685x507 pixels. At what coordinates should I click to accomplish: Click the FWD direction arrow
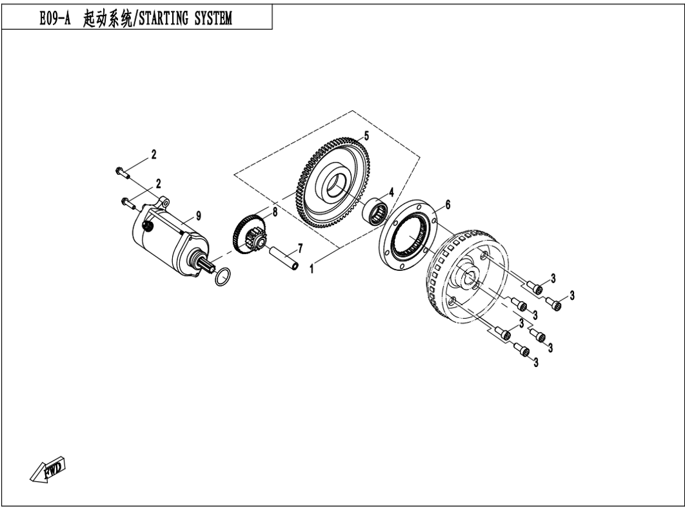(x=48, y=470)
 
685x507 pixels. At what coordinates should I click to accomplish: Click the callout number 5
(x=366, y=136)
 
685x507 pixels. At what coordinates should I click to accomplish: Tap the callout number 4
(x=391, y=192)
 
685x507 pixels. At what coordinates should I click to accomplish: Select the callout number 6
(x=448, y=204)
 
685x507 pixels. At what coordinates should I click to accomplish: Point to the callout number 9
(x=198, y=215)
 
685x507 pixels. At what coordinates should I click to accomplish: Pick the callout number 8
(x=275, y=212)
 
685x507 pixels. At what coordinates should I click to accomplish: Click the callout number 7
(x=300, y=249)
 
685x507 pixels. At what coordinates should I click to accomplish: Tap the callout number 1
(x=312, y=269)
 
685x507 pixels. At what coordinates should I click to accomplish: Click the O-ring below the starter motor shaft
(x=223, y=277)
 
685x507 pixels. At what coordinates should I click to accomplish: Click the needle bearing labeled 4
(x=376, y=210)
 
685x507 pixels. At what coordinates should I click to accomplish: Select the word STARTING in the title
(x=164, y=18)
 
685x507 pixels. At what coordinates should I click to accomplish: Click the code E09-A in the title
(x=55, y=18)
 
